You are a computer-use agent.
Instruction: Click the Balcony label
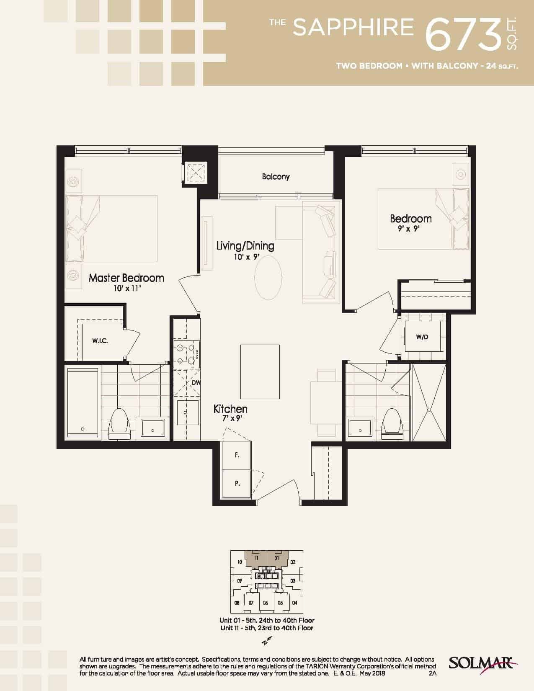[276, 177]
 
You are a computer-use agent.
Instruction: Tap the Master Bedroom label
[126, 278]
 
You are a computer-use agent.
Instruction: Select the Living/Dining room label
[245, 246]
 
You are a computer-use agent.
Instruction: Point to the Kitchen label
[230, 409]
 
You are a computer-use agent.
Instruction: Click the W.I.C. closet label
[100, 341]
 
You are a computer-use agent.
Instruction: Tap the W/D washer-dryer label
[422, 337]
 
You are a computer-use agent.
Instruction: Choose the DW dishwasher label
[196, 383]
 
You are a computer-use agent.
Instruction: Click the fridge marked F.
[237, 455]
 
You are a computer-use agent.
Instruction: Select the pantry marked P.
[237, 483]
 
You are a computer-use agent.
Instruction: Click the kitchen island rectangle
[260, 372]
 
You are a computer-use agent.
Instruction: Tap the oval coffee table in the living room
[268, 278]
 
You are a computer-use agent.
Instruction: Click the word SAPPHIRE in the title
[353, 27]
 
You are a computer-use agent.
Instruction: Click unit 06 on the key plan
[266, 603]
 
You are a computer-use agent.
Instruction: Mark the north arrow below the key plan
[266, 642]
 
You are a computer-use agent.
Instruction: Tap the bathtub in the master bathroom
[83, 403]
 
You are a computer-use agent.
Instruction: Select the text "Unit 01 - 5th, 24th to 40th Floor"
[267, 620]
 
